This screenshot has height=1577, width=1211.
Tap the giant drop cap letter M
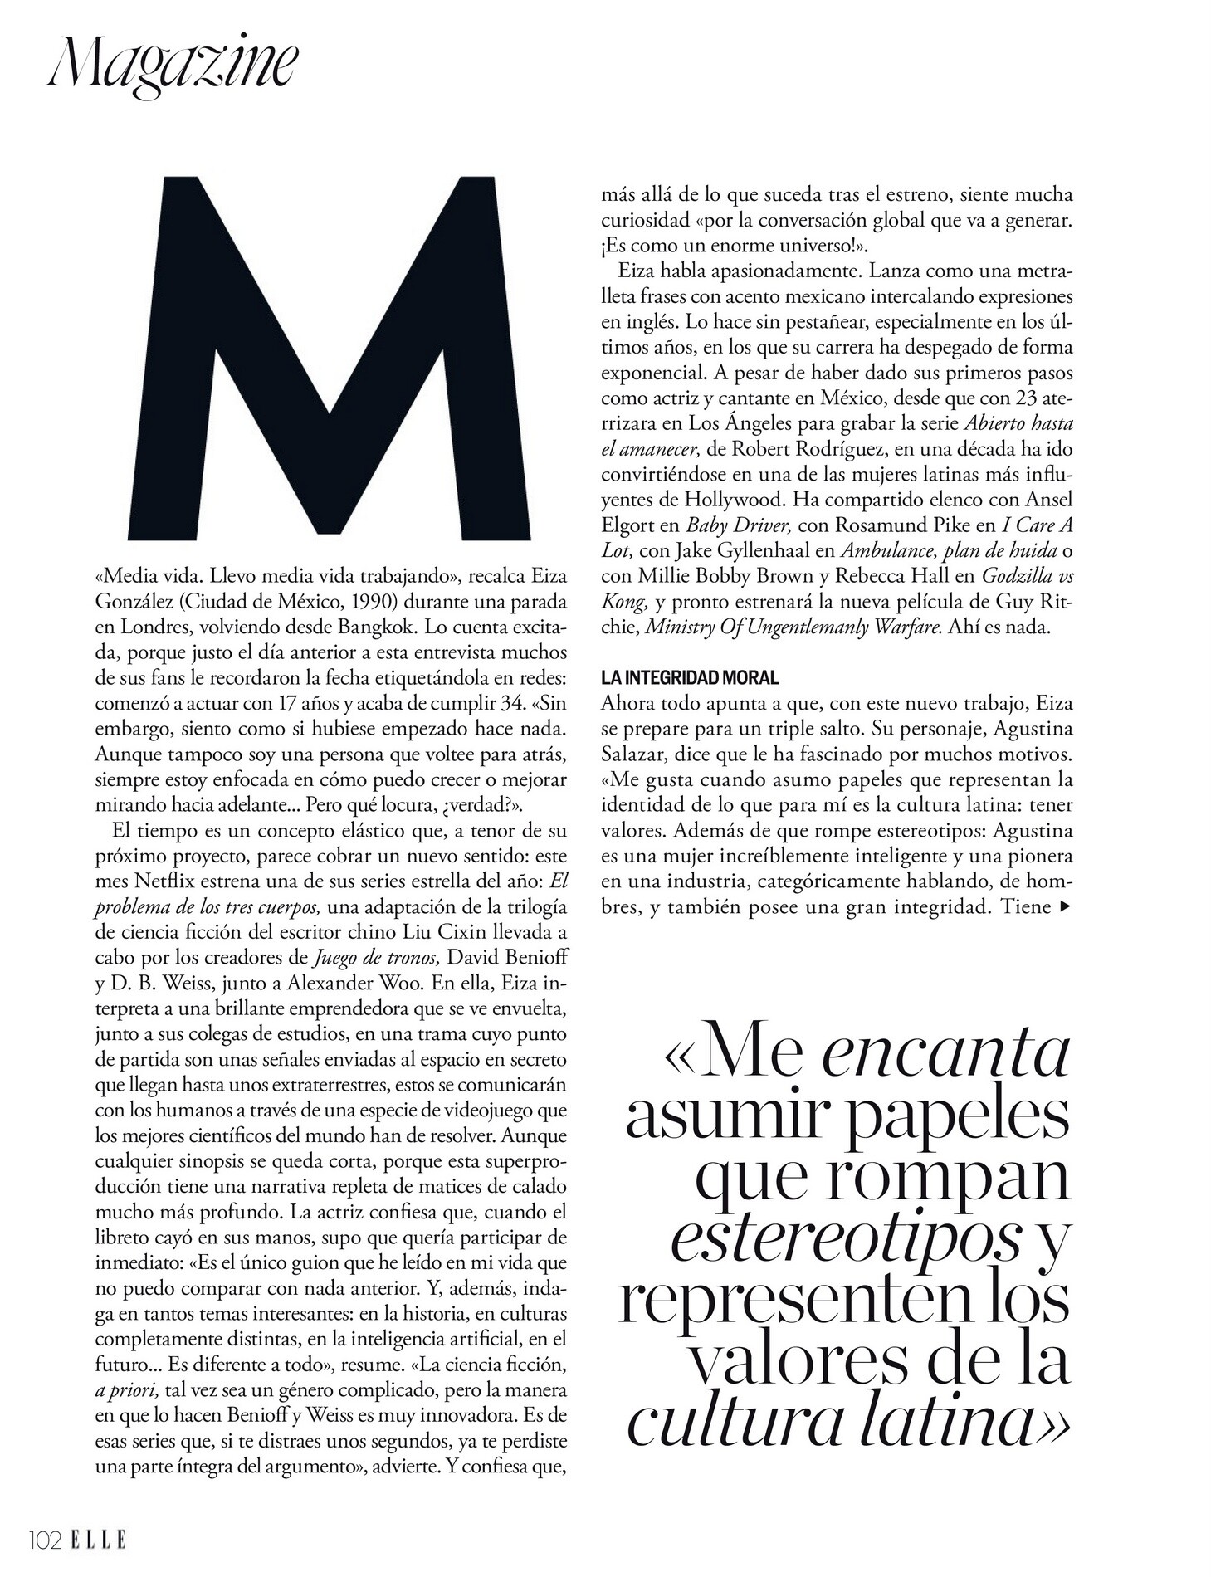pos(330,357)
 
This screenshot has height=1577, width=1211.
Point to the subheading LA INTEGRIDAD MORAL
pos(690,678)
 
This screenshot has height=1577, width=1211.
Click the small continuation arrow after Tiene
pos(1066,907)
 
